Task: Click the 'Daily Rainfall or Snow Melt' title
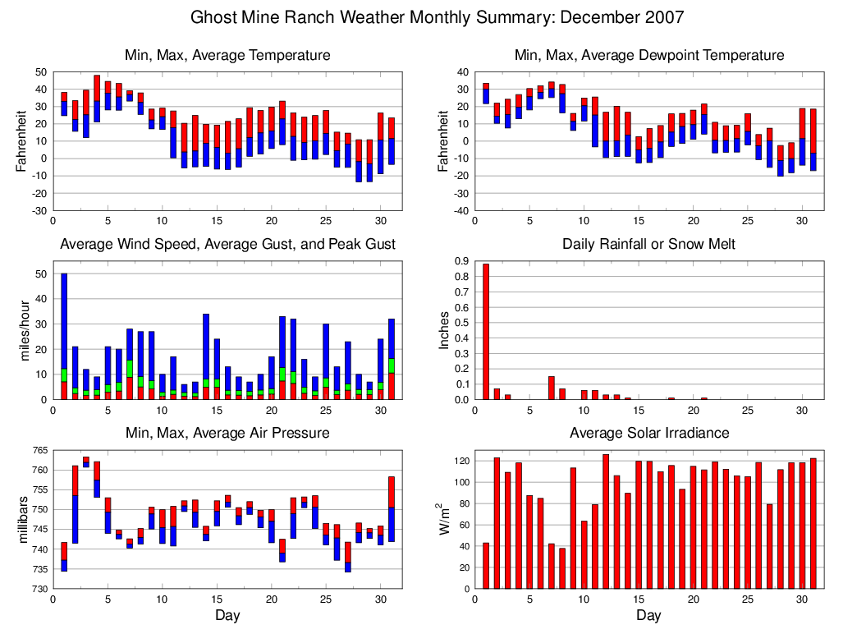click(648, 244)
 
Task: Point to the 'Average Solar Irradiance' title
click(648, 433)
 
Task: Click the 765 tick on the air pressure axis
click(39, 450)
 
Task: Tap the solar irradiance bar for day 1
click(486, 566)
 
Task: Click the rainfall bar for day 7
click(552, 388)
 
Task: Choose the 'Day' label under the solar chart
click(648, 615)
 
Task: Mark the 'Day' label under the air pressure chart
click(227, 615)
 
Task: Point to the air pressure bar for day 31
click(392, 509)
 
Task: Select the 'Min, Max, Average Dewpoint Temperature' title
click(648, 55)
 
